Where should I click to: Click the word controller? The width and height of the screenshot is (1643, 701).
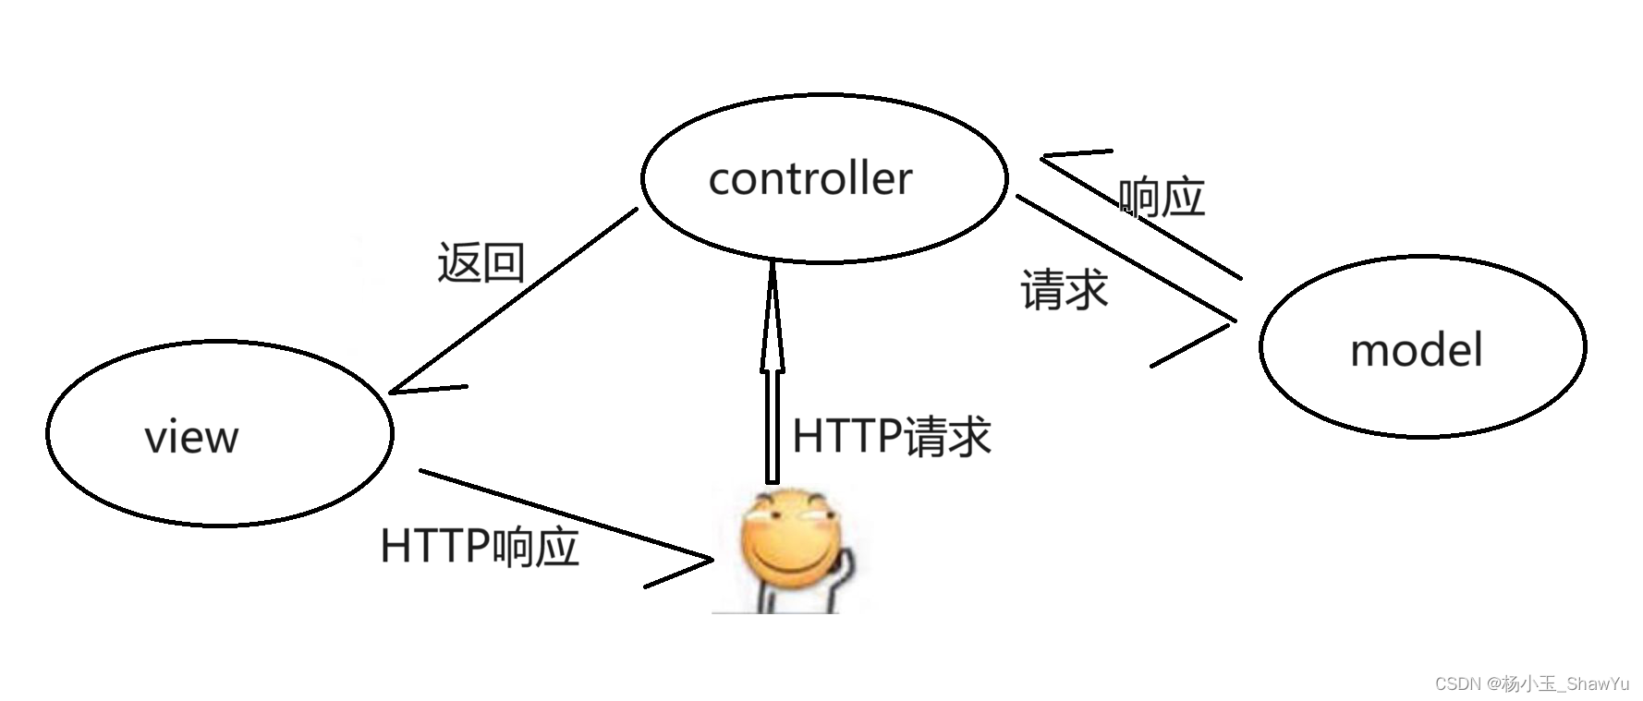(809, 179)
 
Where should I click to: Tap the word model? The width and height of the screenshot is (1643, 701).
(1416, 351)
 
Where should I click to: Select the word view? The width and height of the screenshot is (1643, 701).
(191, 437)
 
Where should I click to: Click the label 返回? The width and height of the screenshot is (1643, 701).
(481, 263)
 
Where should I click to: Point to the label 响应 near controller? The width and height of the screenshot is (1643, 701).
(1162, 198)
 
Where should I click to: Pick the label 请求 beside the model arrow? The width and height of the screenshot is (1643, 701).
(1064, 290)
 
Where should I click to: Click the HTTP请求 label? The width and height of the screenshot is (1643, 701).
(892, 436)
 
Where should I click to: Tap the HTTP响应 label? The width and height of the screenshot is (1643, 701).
(480, 547)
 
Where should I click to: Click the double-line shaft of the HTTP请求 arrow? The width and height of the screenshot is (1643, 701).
(773, 425)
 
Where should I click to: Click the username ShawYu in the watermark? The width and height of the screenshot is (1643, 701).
(1598, 683)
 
